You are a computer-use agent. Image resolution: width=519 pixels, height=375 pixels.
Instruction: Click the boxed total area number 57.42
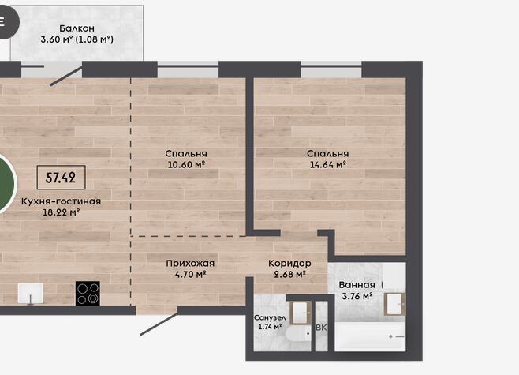[61, 178]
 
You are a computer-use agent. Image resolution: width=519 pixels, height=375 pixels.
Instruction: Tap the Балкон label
[77, 28]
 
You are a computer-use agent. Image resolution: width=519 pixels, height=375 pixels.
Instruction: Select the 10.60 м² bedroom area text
[186, 164]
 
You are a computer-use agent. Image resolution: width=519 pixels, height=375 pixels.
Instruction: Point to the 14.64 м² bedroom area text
[327, 164]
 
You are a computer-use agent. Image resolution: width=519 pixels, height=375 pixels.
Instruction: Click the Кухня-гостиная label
[61, 201]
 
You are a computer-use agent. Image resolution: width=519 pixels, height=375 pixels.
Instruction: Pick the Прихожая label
[190, 264]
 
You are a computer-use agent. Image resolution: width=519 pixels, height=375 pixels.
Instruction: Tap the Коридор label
[289, 264]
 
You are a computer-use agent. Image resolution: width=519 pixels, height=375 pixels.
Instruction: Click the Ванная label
[357, 285]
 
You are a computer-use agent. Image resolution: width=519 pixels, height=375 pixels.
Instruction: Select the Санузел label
[270, 317]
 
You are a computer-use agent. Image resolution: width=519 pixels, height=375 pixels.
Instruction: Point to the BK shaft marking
[321, 328]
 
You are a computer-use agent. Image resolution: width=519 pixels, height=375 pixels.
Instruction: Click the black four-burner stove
[88, 293]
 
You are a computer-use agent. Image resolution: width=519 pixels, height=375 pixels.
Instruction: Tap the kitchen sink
[31, 294]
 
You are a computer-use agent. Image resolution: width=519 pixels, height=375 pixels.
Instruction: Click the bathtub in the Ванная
[370, 336]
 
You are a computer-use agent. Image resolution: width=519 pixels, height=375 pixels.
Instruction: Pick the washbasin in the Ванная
[395, 304]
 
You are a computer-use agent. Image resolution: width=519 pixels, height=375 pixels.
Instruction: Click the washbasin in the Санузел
[301, 313]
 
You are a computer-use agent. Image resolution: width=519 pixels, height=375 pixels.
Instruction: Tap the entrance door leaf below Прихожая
[159, 324]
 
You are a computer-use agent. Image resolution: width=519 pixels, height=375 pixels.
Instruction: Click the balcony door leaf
[66, 76]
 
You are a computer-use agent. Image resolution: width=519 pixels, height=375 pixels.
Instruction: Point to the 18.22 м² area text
[61, 212]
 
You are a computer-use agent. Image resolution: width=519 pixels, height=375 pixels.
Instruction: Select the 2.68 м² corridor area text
[289, 274]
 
